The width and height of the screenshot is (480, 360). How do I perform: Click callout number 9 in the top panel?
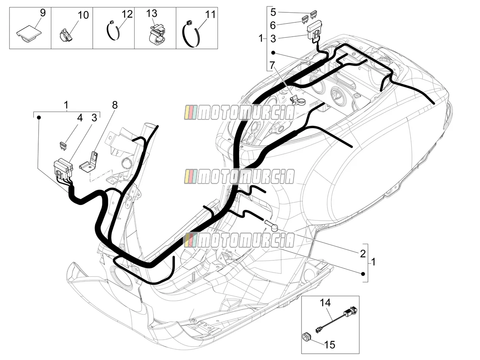[x=43, y=13]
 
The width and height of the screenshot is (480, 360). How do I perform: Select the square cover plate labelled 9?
[x=29, y=34]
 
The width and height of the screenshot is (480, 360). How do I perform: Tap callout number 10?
[x=83, y=15]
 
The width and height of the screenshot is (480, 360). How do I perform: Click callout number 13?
[x=151, y=14]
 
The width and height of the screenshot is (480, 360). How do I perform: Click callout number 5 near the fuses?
[x=273, y=12]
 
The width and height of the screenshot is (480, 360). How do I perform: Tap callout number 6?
[x=273, y=25]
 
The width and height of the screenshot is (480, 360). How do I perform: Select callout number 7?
[x=272, y=65]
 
